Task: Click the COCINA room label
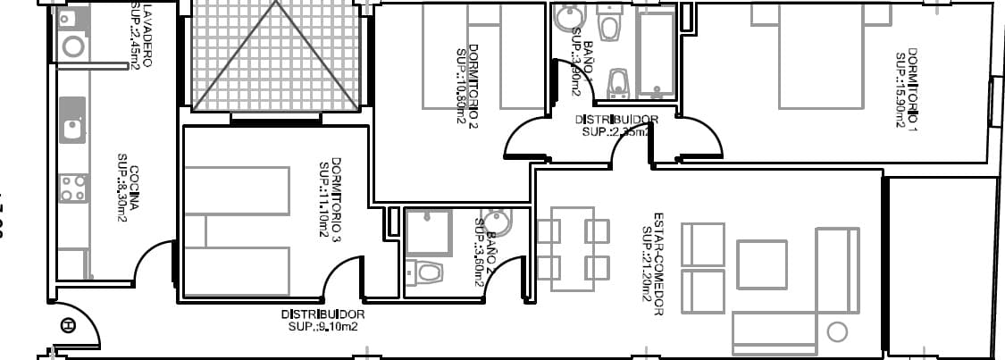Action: pyautogui.click(x=135, y=188)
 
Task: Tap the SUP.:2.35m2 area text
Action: pyautogui.click(x=616, y=131)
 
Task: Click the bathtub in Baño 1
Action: pyautogui.click(x=657, y=54)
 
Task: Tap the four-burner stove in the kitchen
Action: pyautogui.click(x=72, y=188)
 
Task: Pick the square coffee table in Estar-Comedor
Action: pyautogui.click(x=761, y=264)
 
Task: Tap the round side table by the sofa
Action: pyautogui.click(x=837, y=332)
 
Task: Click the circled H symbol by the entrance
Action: pyautogui.click(x=68, y=326)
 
